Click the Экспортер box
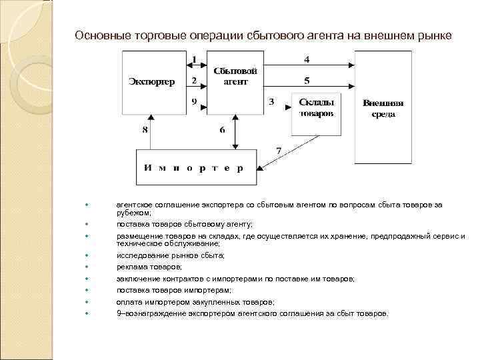(x=151, y=83)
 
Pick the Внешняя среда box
(x=383, y=109)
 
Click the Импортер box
(x=190, y=167)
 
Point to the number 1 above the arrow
(x=194, y=59)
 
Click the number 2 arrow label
(x=194, y=80)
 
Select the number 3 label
(x=271, y=102)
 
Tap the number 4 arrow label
(x=306, y=59)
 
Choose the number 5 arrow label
(x=306, y=81)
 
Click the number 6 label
(x=222, y=130)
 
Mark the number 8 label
(x=145, y=130)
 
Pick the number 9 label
(x=193, y=102)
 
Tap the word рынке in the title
(x=435, y=35)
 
